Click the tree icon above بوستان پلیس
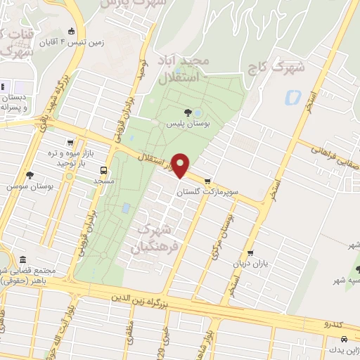(188, 112)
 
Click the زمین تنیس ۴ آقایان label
(82, 42)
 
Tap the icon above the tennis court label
(71, 31)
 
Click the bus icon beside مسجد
(104, 170)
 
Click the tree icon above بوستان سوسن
(29, 175)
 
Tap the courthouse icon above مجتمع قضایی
(24, 260)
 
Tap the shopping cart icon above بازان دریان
(250, 255)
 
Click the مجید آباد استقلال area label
(182, 69)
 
